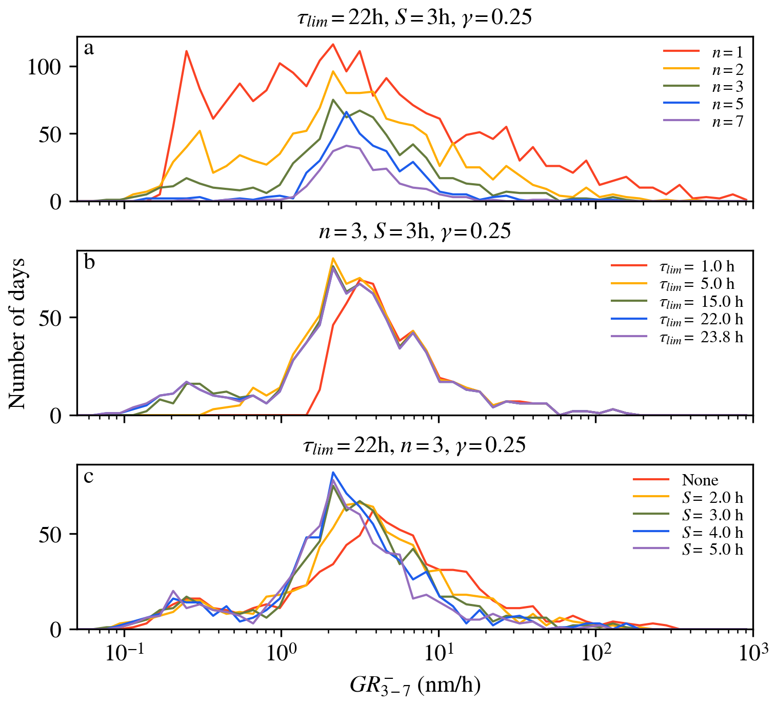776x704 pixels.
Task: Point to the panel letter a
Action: click(x=89, y=49)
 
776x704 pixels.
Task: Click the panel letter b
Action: click(x=89, y=262)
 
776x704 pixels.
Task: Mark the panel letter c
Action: click(x=89, y=477)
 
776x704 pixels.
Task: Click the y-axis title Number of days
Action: click(x=17, y=334)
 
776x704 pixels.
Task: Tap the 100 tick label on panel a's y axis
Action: click(x=45, y=67)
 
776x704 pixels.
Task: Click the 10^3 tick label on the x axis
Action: click(x=753, y=652)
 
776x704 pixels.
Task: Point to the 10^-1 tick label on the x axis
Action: click(x=123, y=652)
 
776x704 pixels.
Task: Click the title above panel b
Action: click(x=414, y=231)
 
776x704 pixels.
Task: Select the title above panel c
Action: click(x=414, y=445)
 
